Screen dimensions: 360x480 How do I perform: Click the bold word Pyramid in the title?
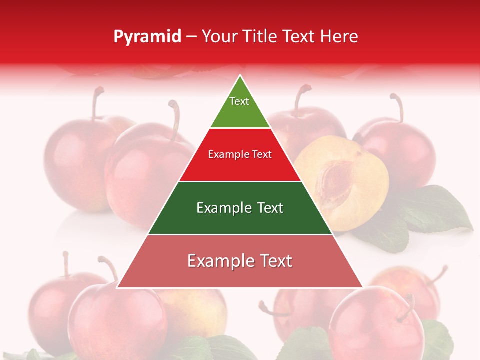[x=147, y=37]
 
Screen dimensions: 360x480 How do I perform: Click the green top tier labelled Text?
[x=240, y=107]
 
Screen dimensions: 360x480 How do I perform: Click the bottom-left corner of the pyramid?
[x=118, y=287]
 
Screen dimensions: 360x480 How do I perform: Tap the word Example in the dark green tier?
[x=223, y=208]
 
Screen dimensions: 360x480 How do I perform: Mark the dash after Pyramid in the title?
[x=191, y=37]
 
